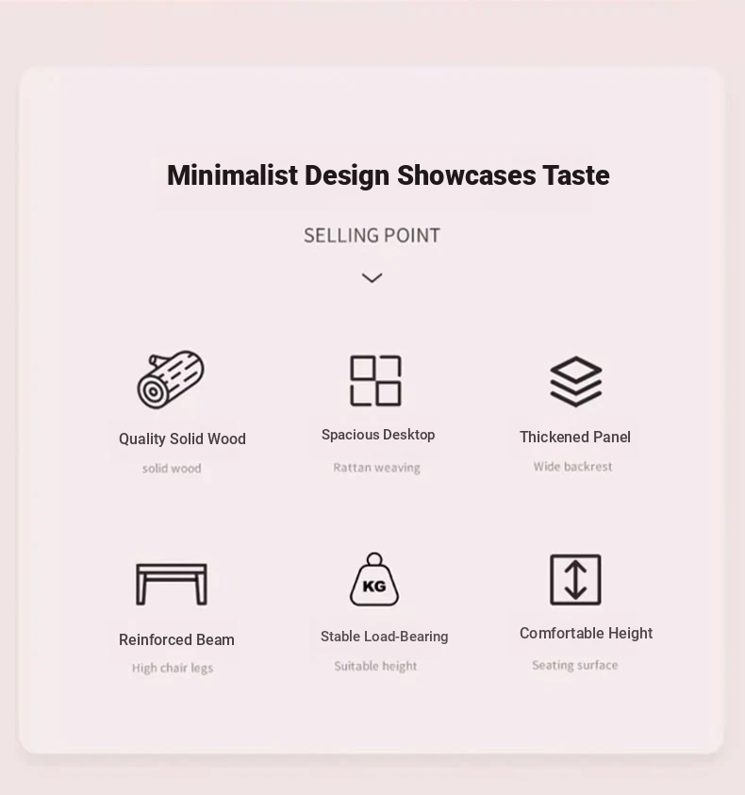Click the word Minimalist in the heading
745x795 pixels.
click(x=232, y=175)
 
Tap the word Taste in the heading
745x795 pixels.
click(x=576, y=175)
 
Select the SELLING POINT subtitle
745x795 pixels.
click(x=372, y=236)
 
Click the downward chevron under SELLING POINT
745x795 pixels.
click(x=372, y=278)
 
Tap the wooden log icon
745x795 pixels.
click(x=171, y=379)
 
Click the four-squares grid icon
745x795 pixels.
click(x=375, y=381)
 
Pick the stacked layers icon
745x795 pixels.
click(x=576, y=382)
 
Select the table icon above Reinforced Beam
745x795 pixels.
click(x=172, y=567)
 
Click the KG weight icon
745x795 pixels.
click(x=374, y=580)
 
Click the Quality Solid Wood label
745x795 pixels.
click(x=182, y=439)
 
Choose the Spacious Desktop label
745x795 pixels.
click(x=378, y=435)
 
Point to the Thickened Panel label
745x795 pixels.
click(x=575, y=437)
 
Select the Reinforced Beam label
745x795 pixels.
click(x=176, y=639)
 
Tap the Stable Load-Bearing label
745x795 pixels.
click(x=385, y=637)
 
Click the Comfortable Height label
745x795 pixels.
click(x=587, y=634)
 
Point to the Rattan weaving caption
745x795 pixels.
click(x=377, y=468)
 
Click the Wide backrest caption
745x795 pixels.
click(x=572, y=467)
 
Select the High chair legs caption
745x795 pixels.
click(x=173, y=669)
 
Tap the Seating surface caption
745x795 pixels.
click(x=575, y=665)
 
